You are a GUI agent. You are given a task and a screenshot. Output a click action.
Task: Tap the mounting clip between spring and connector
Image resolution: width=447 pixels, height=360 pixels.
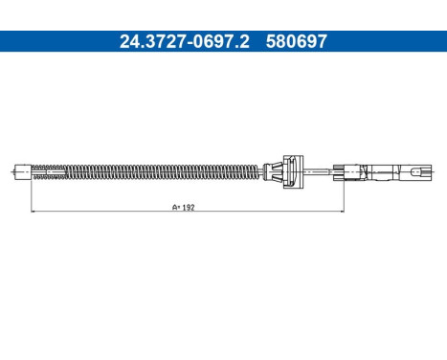[286, 172]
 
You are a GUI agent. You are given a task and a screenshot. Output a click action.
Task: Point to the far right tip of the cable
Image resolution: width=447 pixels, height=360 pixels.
[434, 173]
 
